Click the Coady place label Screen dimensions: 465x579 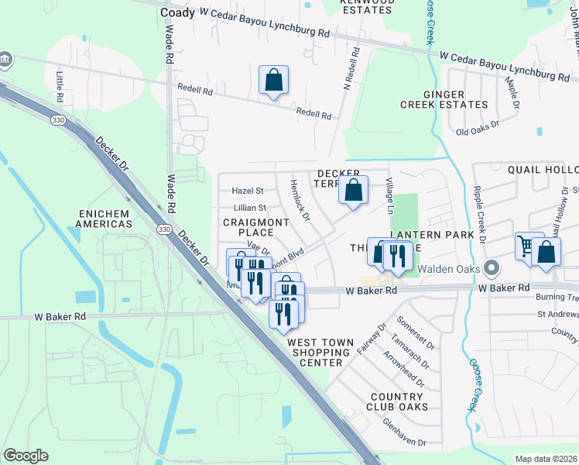coord(177,12)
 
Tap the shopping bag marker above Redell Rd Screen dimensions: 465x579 coord(273,80)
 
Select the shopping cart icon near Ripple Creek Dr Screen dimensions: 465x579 coord(527,247)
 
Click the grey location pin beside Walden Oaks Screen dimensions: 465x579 coord(489,270)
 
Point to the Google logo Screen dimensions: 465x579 coord(26,456)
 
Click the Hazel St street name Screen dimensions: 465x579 coord(248,190)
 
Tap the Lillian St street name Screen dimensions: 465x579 coord(249,208)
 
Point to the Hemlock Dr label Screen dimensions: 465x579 coord(298,201)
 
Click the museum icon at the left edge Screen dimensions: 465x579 coord(5,60)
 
